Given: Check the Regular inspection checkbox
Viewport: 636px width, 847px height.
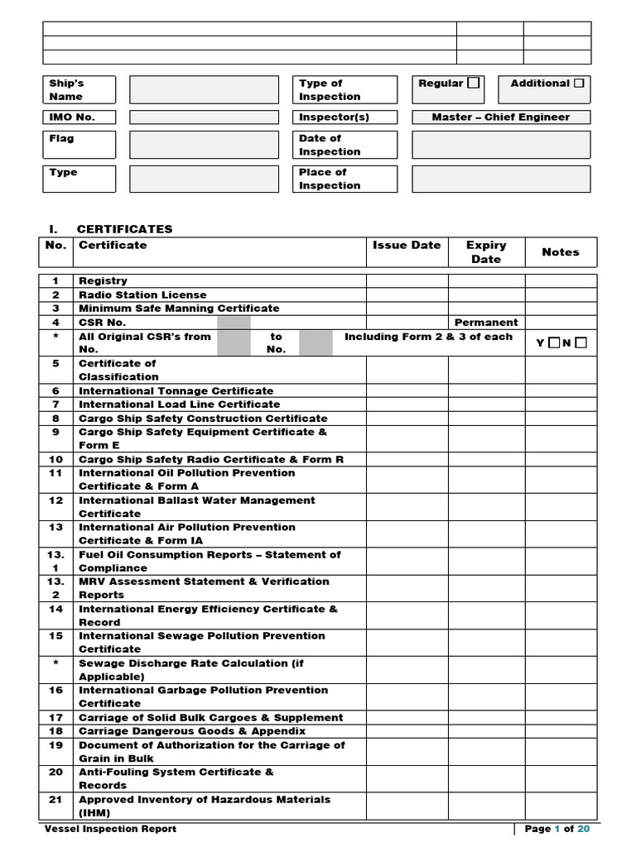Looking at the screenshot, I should (x=473, y=83).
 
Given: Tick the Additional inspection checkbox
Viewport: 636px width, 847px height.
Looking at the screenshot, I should (x=579, y=83).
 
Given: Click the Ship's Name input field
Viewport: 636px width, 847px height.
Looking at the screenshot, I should (x=204, y=89).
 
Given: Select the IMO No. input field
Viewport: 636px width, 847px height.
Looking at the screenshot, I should (x=204, y=117).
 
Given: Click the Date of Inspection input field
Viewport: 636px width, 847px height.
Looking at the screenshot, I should (x=501, y=145).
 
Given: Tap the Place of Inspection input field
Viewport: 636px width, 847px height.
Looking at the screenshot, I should (x=501, y=179).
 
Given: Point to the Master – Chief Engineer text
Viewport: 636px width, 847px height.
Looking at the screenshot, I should (x=501, y=117).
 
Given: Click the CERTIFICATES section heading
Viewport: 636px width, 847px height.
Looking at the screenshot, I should (x=124, y=229).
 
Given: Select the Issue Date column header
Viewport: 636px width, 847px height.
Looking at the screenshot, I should (x=407, y=246).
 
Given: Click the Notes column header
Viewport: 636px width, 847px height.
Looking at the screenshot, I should (x=561, y=252).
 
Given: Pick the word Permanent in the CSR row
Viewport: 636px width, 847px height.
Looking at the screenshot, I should (x=486, y=323).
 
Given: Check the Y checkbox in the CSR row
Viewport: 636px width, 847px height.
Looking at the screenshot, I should (x=552, y=342).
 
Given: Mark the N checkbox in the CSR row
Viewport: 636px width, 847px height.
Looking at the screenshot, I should (x=581, y=342).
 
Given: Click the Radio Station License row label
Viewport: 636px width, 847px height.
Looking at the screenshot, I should (x=142, y=294).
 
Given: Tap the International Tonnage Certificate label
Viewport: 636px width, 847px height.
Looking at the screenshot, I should (x=176, y=390).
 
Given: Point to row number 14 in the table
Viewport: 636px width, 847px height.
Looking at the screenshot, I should (x=55, y=609).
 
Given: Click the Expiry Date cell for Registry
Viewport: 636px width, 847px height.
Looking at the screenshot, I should (x=486, y=281).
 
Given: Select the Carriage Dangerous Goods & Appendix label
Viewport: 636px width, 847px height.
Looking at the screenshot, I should (x=192, y=731).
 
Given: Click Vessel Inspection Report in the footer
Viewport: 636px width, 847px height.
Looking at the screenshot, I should (x=110, y=829).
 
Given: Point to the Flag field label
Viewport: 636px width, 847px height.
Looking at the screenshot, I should (x=61, y=139).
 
